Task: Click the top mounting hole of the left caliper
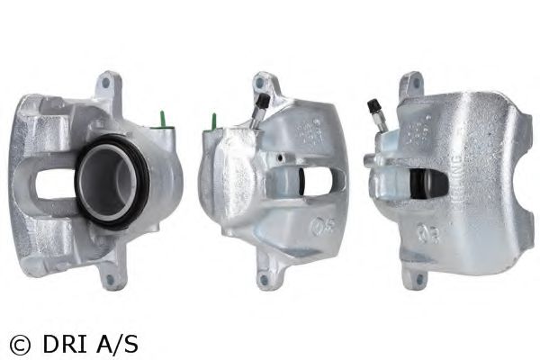(x=107, y=85)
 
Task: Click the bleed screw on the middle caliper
(x=260, y=107)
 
